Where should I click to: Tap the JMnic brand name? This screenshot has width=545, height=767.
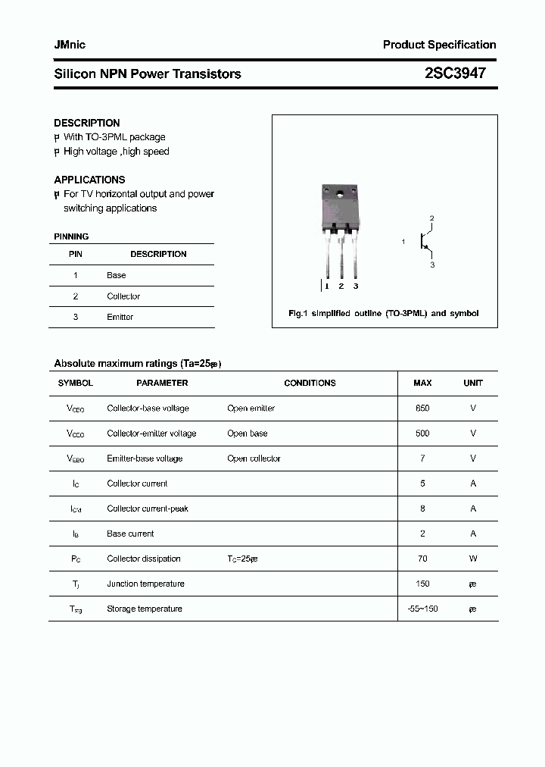click(70, 45)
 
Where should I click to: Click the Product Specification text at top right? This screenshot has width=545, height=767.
click(439, 45)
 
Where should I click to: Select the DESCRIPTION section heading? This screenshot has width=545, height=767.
click(87, 123)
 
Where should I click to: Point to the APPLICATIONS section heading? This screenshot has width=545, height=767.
click(89, 180)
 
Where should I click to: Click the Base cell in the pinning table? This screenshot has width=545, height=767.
click(117, 275)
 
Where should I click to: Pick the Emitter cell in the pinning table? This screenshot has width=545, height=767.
click(120, 317)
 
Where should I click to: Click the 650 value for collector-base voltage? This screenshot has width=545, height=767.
click(422, 409)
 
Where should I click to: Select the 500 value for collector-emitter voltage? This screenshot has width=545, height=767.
click(422, 434)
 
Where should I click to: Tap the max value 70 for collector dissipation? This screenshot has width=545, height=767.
click(422, 559)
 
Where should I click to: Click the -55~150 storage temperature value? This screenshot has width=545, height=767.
click(422, 609)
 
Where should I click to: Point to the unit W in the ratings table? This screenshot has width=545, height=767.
click(473, 559)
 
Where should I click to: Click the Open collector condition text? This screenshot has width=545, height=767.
click(254, 459)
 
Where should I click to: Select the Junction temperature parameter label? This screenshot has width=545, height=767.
click(145, 584)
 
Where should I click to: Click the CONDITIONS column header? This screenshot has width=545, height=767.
click(310, 383)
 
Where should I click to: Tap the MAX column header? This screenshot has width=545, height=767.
click(422, 383)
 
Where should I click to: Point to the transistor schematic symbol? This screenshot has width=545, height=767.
click(426, 242)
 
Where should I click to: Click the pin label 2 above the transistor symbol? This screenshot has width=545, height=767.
click(431, 218)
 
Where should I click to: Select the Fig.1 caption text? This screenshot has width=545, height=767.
click(384, 313)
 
